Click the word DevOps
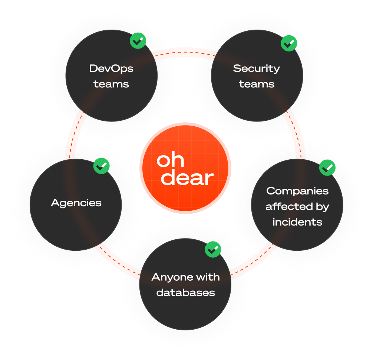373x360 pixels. pos(111,69)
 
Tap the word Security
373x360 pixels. pos(257,69)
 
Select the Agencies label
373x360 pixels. pos(76,203)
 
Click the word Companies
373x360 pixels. pos(297,191)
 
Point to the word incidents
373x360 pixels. pos(297,222)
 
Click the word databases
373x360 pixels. pos(185,293)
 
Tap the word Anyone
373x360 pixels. pos(169,277)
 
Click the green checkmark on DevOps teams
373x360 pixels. pos(138,41)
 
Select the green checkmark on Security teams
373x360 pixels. pos(289,43)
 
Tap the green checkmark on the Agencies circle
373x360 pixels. pos(102,166)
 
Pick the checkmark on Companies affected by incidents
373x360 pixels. pos(327,168)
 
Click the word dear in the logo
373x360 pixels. pos(188,178)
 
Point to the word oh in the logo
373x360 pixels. pos(170,161)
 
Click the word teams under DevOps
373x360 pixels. pos(111,84)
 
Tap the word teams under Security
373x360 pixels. pos(257,84)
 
